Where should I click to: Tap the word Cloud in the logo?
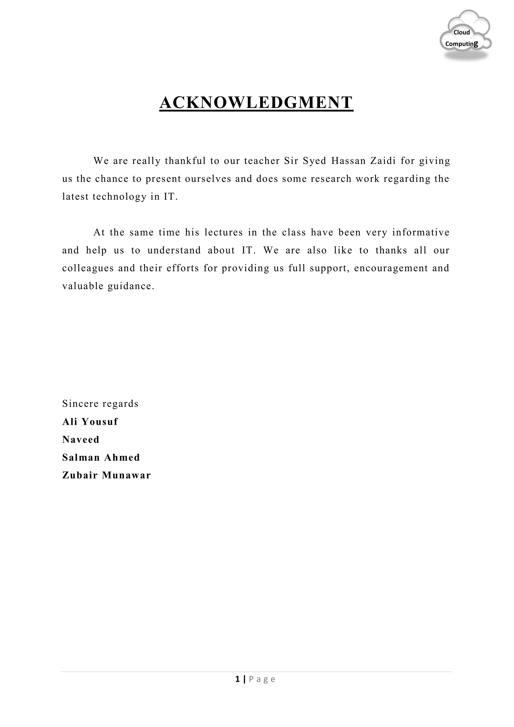click(462, 32)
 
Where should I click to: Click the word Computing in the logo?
click(462, 44)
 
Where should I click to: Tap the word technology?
click(120, 197)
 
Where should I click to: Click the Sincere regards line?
click(100, 404)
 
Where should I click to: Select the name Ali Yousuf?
click(90, 422)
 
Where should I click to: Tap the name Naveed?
click(81, 440)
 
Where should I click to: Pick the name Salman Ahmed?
click(101, 458)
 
